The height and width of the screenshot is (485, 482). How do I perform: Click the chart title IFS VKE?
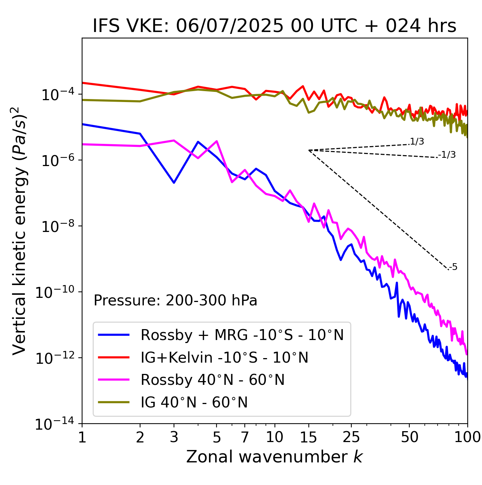[275, 26]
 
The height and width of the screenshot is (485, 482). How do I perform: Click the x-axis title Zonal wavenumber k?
[275, 456]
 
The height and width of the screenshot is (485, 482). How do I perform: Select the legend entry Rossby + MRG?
[242, 335]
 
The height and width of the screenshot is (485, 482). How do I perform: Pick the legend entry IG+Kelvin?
[224, 357]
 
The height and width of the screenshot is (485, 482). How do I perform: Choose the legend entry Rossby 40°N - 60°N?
[212, 380]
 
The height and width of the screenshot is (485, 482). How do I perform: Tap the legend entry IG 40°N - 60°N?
[194, 403]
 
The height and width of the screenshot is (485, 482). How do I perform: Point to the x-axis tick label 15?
[308, 437]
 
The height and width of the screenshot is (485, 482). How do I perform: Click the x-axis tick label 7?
[245, 437]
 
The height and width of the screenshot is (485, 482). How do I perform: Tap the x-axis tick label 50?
[409, 437]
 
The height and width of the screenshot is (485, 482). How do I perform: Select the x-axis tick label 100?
[467, 437]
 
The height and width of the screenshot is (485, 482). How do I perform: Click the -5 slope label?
[453, 267]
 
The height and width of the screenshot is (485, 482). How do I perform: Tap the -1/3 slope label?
[447, 155]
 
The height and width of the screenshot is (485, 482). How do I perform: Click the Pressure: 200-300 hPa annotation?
[175, 300]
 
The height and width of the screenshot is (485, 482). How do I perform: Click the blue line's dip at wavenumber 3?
[174, 183]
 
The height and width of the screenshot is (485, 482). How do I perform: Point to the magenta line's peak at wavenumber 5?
[217, 141]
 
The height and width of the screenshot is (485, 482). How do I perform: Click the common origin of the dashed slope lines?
[309, 150]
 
